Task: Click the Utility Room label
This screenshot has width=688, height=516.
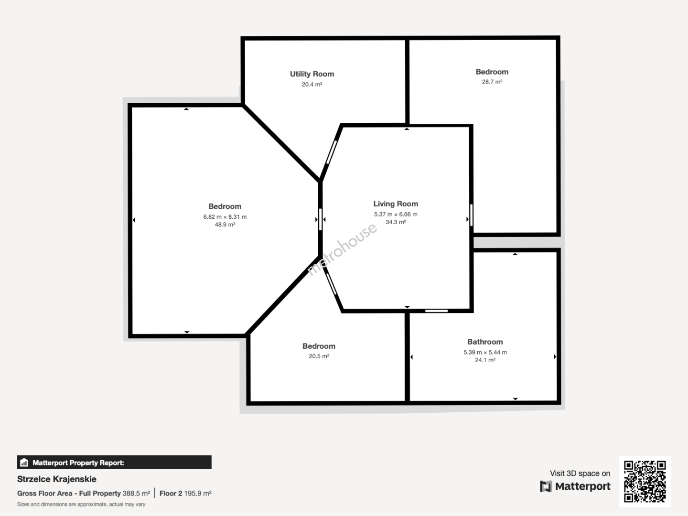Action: pos(312,74)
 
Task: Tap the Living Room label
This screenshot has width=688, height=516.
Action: pos(396,204)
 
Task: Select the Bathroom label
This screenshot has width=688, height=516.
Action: pos(485,342)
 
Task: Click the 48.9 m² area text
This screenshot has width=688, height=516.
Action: pos(225,225)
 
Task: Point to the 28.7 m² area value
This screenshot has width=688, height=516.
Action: pos(492,82)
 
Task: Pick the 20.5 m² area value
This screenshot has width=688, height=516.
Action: pos(319,356)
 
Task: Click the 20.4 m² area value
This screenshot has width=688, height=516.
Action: pos(312,84)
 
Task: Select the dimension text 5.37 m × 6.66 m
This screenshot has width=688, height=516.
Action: pos(396,215)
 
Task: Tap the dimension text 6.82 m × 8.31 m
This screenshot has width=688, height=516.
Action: pos(225,217)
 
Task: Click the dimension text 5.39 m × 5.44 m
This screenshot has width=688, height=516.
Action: pos(485,352)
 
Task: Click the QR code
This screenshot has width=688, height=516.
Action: pos(645,482)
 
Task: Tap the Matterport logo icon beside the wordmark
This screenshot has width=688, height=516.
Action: pos(546,486)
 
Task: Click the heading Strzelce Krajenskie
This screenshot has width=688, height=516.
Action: pos(57,479)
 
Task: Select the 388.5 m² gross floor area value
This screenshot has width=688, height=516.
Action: pos(136,494)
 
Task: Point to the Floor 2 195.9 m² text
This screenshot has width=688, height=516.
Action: pos(185,494)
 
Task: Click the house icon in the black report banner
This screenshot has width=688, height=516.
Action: pos(24,462)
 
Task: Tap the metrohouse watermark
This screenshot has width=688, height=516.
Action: pos(342,249)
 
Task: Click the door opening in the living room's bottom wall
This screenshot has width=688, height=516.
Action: pos(436,311)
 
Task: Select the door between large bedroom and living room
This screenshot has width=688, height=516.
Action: pos(320,219)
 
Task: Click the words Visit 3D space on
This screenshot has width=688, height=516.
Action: pos(580,473)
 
